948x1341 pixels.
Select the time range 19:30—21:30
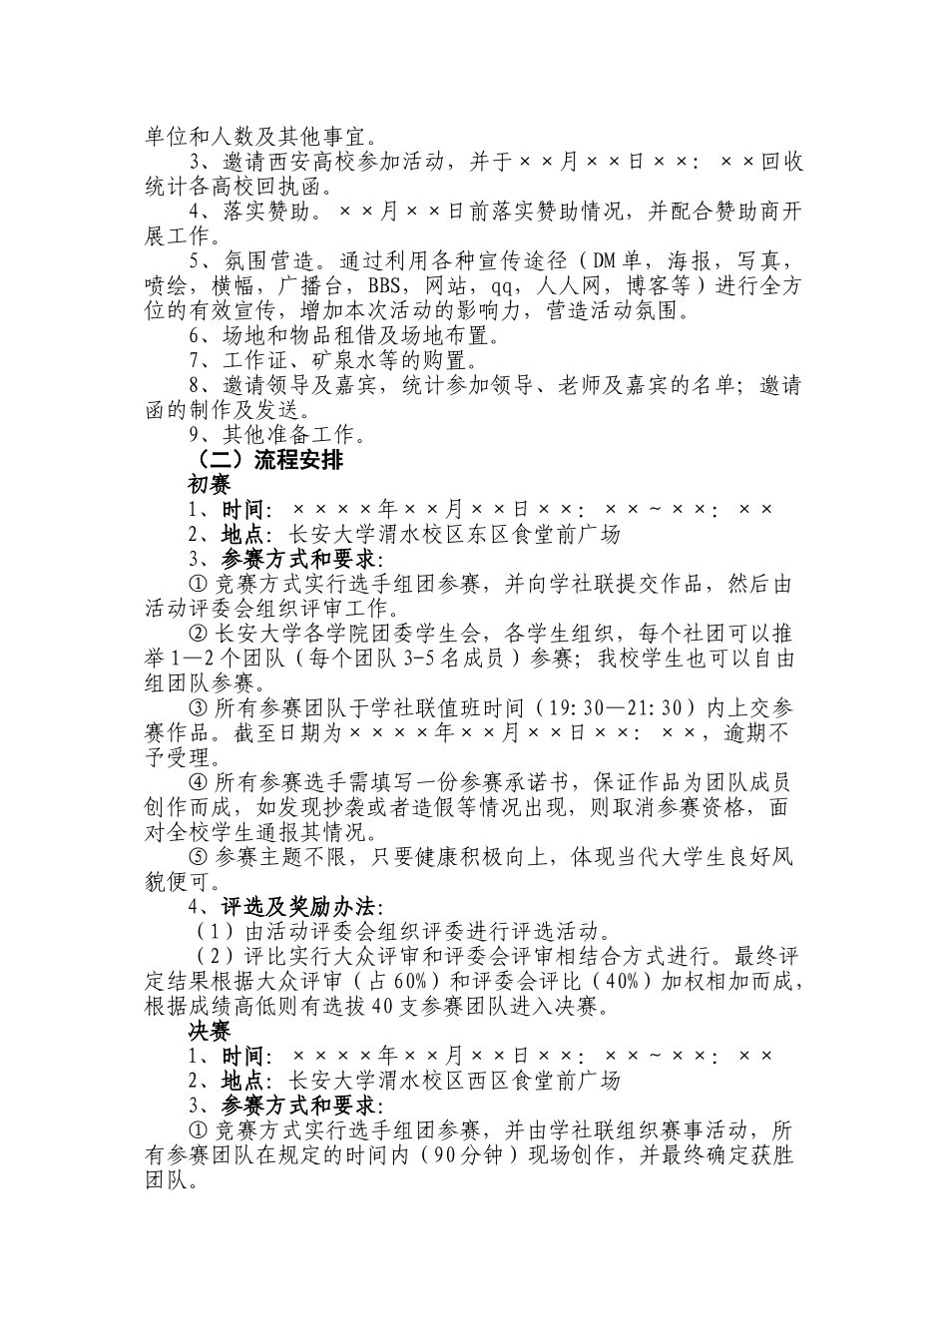[604, 708]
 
